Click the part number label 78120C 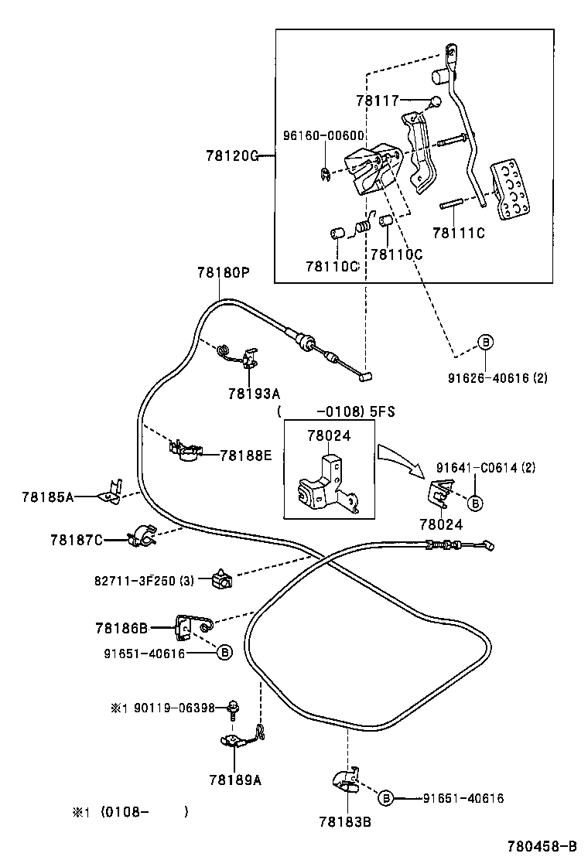pos(231,155)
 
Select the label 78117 pos(377,101)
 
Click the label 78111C pos(458,233)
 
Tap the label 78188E pos(246,456)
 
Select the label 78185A pos(47,497)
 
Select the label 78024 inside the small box pos(329,435)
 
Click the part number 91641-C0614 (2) pos(485,467)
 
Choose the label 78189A pos(234,780)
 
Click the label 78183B pos(345,822)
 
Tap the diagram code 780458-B pos(542,847)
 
